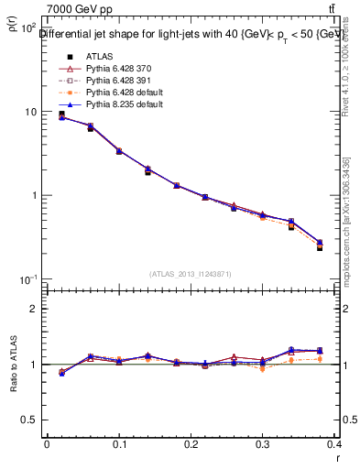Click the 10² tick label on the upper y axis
coord(27,28)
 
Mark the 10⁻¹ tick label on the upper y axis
coord(27,279)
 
